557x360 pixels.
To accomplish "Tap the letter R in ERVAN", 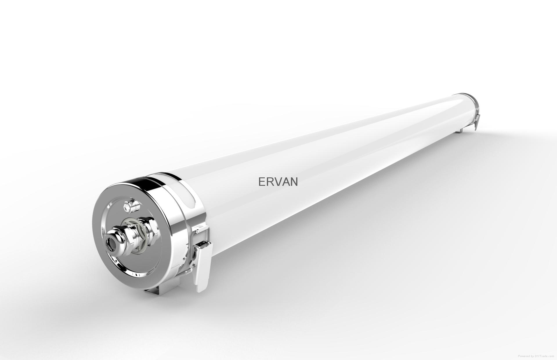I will [270, 182].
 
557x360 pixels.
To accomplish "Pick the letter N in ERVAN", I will [294, 182].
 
